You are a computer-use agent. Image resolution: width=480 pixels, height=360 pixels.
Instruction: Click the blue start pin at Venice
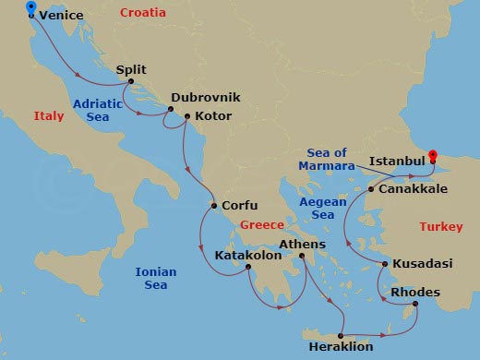[x=32, y=9]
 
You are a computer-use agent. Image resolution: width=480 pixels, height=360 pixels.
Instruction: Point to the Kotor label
[x=212, y=116]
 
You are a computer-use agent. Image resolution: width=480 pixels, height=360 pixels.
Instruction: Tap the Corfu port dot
[x=213, y=206]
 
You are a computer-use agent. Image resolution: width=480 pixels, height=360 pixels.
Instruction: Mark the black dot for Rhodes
[x=415, y=305]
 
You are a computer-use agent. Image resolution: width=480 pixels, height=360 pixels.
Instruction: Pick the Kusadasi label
[x=423, y=264]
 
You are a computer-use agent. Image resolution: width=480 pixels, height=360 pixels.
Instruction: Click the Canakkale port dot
[x=371, y=188]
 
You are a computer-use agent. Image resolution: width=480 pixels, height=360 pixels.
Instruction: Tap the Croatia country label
[x=143, y=13]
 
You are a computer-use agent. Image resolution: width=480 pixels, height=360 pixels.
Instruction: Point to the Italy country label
[x=49, y=116]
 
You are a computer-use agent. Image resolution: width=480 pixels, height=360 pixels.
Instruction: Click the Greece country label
[x=261, y=225]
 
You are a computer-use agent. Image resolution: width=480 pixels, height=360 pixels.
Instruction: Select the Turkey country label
[x=440, y=226]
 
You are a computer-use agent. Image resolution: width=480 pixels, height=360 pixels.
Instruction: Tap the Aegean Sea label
[x=322, y=208]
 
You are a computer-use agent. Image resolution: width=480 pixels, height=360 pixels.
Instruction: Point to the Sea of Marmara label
[x=327, y=159]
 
